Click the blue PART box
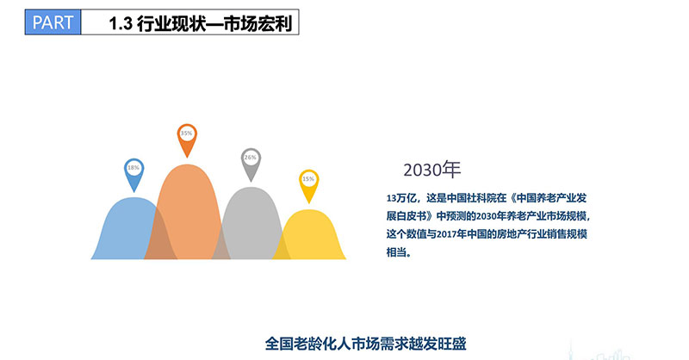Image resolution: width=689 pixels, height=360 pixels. [x=53, y=22]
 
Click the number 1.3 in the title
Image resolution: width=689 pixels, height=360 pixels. [x=121, y=23]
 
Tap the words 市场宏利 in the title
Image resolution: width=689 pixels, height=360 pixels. [x=258, y=23]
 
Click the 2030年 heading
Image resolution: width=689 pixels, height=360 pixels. [x=432, y=170]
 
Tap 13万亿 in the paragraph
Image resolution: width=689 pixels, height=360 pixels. [x=401, y=198]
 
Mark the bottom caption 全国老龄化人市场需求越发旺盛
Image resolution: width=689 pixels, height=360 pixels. [x=365, y=344]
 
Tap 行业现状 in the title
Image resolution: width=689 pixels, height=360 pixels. [x=164, y=23]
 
